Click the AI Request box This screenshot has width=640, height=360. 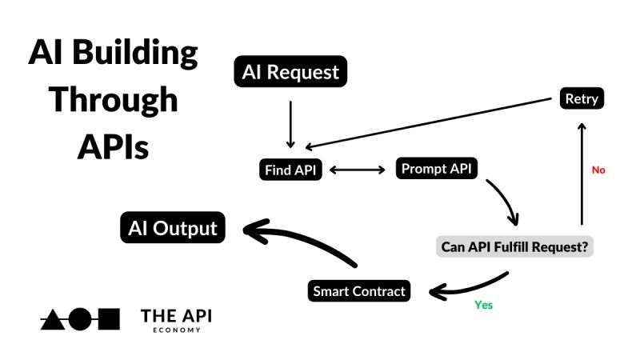click(x=290, y=72)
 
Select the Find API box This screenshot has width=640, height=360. click(x=294, y=170)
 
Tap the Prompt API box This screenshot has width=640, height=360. click(x=436, y=169)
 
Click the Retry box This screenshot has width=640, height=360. click(x=582, y=99)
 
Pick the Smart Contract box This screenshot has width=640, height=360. click(x=359, y=291)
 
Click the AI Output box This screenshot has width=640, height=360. click(x=173, y=228)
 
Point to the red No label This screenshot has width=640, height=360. click(x=598, y=170)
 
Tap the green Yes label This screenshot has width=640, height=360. click(x=483, y=305)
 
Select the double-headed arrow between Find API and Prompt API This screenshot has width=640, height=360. click(x=358, y=170)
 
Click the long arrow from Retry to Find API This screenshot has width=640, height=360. click(x=432, y=124)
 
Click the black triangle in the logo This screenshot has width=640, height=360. click(x=53, y=319)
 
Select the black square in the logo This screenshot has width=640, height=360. click(x=108, y=319)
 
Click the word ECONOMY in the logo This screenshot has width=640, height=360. click(x=176, y=328)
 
